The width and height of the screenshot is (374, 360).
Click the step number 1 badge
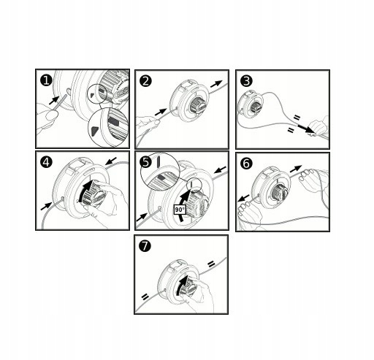point(46,80)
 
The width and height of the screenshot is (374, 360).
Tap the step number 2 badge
point(145,81)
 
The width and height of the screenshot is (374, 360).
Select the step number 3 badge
point(246,81)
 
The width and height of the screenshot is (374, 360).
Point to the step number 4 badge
point(46,162)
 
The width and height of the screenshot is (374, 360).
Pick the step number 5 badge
point(145,162)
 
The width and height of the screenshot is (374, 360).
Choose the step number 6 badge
point(246,163)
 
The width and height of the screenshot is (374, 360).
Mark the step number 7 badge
point(145,245)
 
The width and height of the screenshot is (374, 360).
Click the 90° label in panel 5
point(180,210)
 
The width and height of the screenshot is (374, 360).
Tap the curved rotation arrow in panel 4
point(84,191)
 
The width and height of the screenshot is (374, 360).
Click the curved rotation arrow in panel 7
point(180,284)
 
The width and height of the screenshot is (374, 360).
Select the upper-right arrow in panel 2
point(216,84)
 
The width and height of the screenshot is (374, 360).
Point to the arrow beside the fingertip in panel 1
point(54,100)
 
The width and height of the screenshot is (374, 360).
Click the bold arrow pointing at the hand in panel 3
point(306,129)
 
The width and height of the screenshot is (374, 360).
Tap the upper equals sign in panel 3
point(297,118)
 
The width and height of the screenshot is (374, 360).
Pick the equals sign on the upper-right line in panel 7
point(211,264)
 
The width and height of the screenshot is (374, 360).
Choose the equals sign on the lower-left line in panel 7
point(145,297)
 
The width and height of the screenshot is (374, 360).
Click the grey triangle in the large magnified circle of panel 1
point(94,131)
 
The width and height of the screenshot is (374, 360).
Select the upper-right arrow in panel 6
point(296,169)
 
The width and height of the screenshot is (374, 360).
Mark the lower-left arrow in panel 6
point(243,198)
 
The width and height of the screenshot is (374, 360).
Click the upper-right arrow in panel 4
point(111,161)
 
